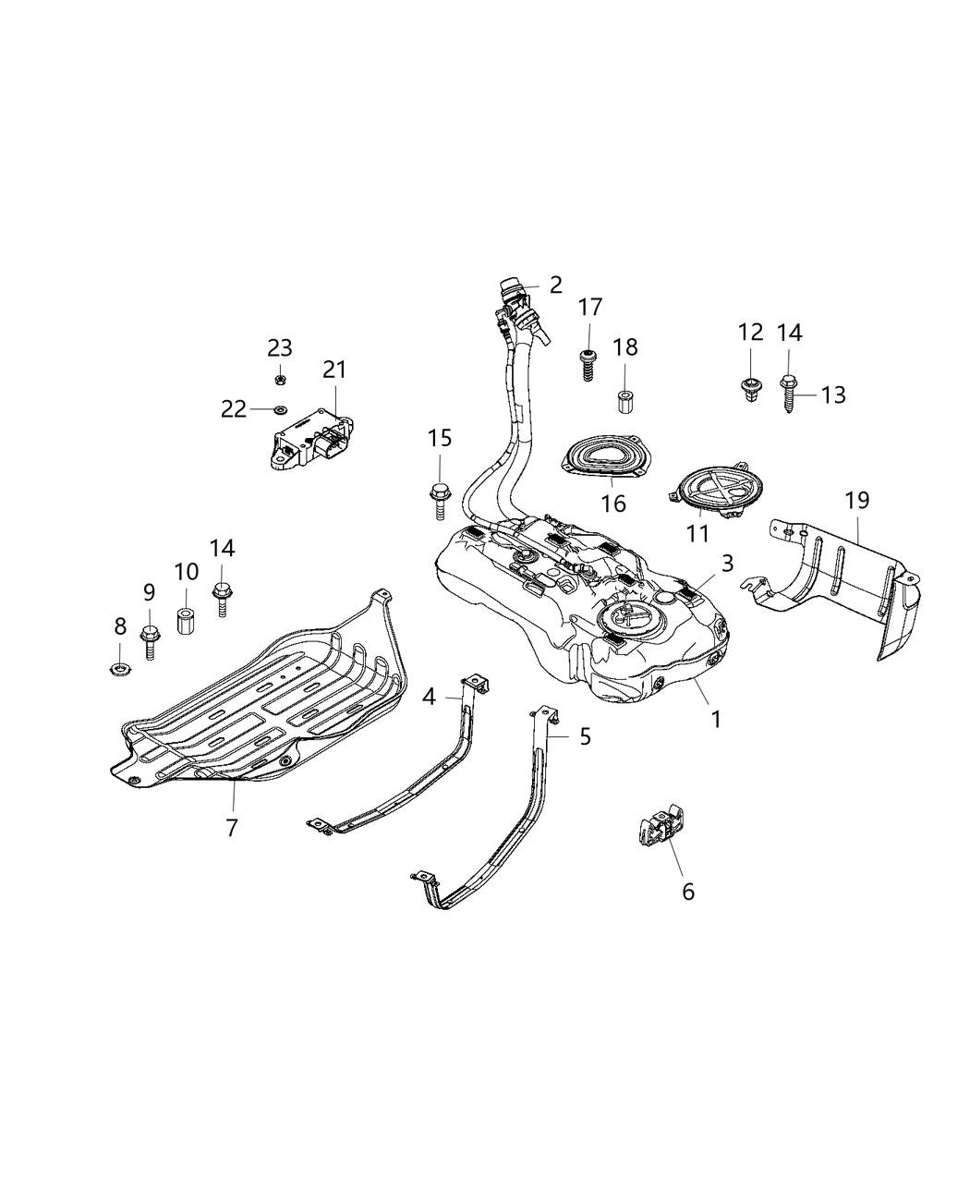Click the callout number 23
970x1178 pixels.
pos(280,347)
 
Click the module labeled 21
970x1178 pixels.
pos(312,440)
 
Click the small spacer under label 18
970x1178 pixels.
pos(624,403)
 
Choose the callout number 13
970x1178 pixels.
pos(832,395)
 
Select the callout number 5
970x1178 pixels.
pos(585,736)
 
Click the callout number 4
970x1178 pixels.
pos(429,696)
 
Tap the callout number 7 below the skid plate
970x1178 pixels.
pos(231,827)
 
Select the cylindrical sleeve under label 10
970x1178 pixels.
pos(185,618)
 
